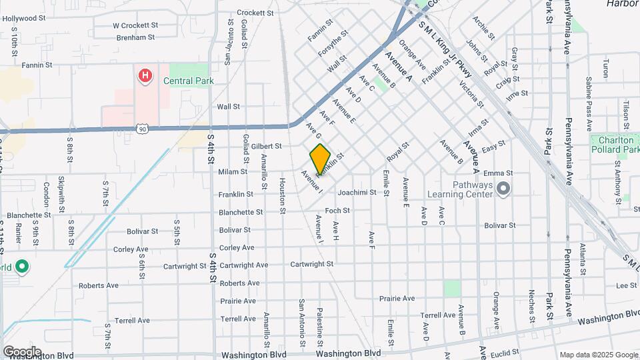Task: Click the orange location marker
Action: coord(320,159)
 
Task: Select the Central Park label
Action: coord(189,80)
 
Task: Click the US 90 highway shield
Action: coord(143,129)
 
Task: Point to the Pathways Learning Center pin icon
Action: coord(503,190)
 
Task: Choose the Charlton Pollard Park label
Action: coord(615,145)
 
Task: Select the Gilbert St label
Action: coord(266,146)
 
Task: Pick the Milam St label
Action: coord(233,171)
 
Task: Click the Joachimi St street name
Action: coord(357,193)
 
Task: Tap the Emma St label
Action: coord(517,173)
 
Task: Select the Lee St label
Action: coord(627,285)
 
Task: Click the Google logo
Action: coord(22,351)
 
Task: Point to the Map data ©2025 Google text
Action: coord(598,355)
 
